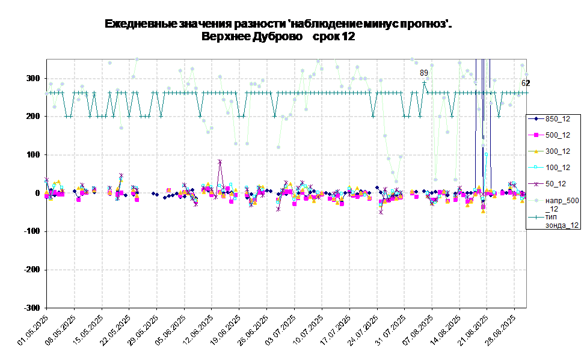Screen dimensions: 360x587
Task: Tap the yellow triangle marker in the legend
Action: (x=535, y=151)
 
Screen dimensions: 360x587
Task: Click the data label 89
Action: (x=424, y=73)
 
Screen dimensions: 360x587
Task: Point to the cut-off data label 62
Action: (x=524, y=84)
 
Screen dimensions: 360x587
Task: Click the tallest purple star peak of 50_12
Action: (x=220, y=162)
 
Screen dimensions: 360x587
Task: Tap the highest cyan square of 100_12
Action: (x=486, y=154)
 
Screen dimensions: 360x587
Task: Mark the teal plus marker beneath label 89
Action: (x=424, y=82)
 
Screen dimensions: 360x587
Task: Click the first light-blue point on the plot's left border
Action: (x=47, y=93)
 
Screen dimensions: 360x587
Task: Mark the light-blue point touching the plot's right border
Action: (x=526, y=75)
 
